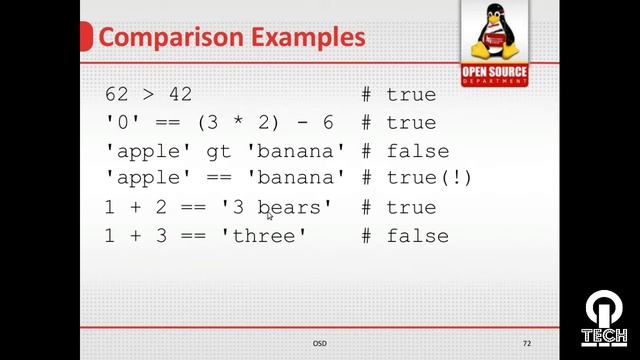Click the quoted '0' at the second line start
click(x=119, y=123)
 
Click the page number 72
click(x=527, y=344)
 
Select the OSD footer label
click(x=319, y=344)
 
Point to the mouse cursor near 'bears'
click(x=269, y=214)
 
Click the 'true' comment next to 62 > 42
click(x=412, y=95)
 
